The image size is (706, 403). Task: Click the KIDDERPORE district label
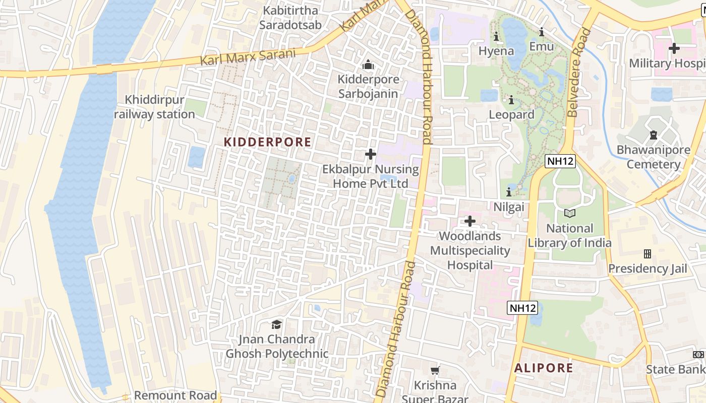267,142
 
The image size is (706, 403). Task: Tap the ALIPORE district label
544,368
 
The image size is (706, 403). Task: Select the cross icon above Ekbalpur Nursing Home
371,154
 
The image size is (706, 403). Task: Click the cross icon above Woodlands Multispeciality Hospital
469,221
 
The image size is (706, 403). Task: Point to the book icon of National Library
569,214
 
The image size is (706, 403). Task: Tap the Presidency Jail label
648,268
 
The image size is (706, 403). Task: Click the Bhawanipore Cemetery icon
654,135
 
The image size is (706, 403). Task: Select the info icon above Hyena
496,37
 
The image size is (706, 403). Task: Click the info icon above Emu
542,32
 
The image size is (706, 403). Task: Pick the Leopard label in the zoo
511,115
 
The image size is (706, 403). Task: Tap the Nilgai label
509,207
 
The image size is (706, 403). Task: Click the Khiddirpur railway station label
154,107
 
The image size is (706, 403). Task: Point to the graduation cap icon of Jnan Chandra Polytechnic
276,324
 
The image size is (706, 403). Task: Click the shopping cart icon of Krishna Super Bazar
435,371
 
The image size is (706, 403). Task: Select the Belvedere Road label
578,73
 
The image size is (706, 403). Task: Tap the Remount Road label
175,395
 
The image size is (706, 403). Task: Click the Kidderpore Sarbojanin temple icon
369,65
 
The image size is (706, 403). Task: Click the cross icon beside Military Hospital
674,48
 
